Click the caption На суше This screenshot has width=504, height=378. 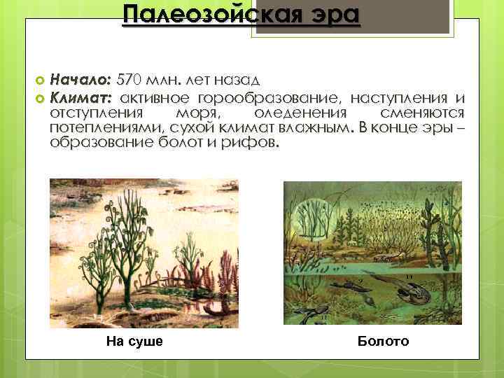pyautogui.click(x=134, y=341)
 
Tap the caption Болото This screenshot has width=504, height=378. pyautogui.click(x=383, y=341)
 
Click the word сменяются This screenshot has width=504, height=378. pyautogui.click(x=421, y=113)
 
